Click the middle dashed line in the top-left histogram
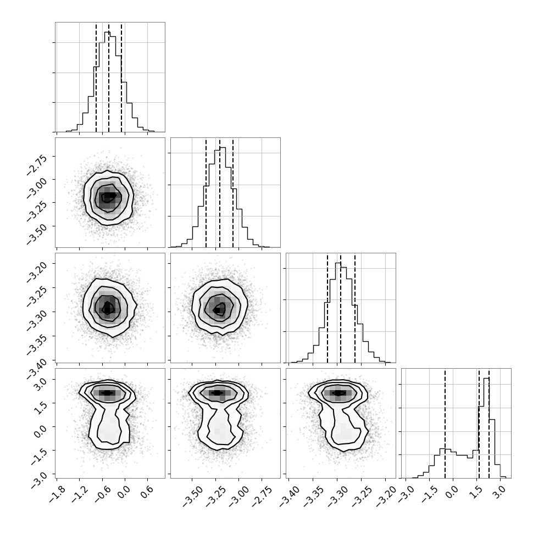click(x=109, y=77)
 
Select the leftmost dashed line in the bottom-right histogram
click(x=445, y=424)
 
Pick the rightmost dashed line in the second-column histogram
click(x=233, y=193)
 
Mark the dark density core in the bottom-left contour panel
click(x=107, y=393)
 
